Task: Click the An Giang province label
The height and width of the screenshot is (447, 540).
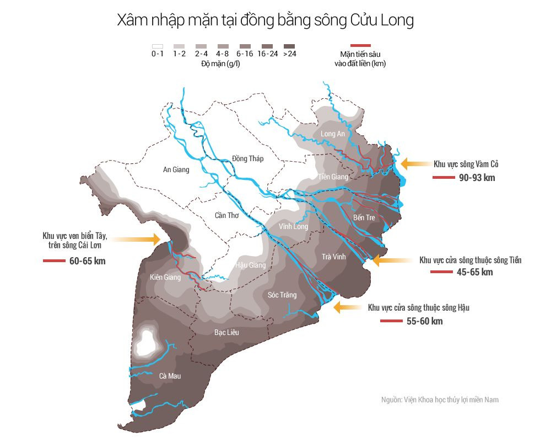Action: tap(176, 169)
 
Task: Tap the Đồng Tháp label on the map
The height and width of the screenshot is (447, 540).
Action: tap(247, 158)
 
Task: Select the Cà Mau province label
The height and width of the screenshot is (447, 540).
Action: tap(170, 376)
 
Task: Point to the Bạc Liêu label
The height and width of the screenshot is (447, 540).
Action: tap(226, 332)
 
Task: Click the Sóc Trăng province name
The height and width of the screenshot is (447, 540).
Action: tap(282, 295)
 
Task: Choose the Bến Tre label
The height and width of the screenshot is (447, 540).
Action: tap(364, 217)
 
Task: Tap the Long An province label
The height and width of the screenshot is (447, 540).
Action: tap(332, 134)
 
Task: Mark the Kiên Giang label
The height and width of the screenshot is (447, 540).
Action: tap(165, 277)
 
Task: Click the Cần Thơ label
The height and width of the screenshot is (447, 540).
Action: tap(226, 215)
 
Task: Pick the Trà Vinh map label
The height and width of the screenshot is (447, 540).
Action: tap(333, 257)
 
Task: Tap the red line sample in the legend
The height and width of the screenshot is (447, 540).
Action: tap(360, 45)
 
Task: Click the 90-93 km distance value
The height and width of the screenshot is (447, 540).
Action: tap(477, 178)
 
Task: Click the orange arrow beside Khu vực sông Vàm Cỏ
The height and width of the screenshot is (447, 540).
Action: tap(413, 163)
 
